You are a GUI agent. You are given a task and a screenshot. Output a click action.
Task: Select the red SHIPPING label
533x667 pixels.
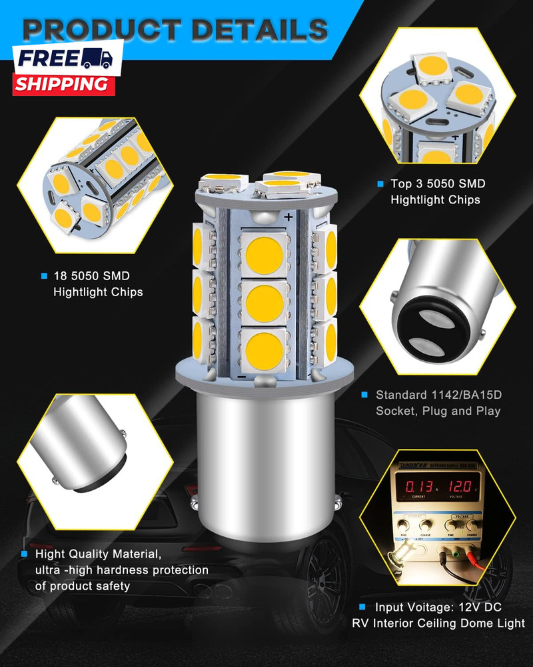61,84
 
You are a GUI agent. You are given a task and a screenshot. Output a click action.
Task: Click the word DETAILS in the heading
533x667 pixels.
257,29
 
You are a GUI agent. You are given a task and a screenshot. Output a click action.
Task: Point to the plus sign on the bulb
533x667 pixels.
288,217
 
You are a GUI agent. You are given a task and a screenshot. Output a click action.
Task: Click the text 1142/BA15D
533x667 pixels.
467,395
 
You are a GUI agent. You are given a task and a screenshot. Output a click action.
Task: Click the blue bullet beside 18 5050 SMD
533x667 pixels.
44,275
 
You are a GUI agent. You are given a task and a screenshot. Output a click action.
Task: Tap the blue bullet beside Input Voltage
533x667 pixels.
362,607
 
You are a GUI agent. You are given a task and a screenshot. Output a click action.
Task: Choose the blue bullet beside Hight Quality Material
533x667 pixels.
24,554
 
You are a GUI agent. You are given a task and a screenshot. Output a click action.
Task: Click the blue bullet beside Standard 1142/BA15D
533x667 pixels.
364,395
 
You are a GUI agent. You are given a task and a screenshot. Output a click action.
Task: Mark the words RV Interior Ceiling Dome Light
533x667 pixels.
438,624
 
